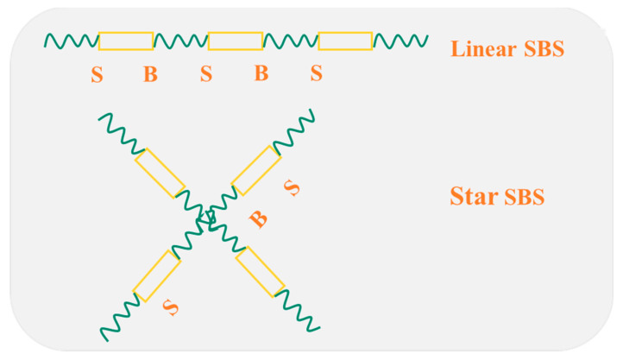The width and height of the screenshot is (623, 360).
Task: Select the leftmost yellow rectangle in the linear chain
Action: tap(126, 41)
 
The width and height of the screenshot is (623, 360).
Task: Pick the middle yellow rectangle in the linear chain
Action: tap(236, 41)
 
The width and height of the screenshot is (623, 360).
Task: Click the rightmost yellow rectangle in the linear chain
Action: tap(345, 41)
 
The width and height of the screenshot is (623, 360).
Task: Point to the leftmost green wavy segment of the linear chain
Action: tap(72, 41)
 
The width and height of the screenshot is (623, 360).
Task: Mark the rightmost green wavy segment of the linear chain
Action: tap(400, 41)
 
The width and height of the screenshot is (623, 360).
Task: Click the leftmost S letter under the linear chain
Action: tap(97, 75)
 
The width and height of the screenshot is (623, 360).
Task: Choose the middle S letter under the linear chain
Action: tap(206, 75)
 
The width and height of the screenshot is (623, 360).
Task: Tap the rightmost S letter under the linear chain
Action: tap(317, 75)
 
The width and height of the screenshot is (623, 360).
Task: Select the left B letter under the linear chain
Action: tap(150, 75)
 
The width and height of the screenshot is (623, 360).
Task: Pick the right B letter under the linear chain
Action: tap(261, 75)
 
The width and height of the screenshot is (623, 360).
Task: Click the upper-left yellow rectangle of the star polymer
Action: tap(160, 173)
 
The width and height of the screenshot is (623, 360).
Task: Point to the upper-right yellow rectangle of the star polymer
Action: tap(256, 170)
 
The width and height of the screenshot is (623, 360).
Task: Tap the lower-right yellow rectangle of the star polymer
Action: tap(260, 271)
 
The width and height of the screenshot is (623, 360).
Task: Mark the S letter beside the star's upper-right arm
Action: tap(293, 188)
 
